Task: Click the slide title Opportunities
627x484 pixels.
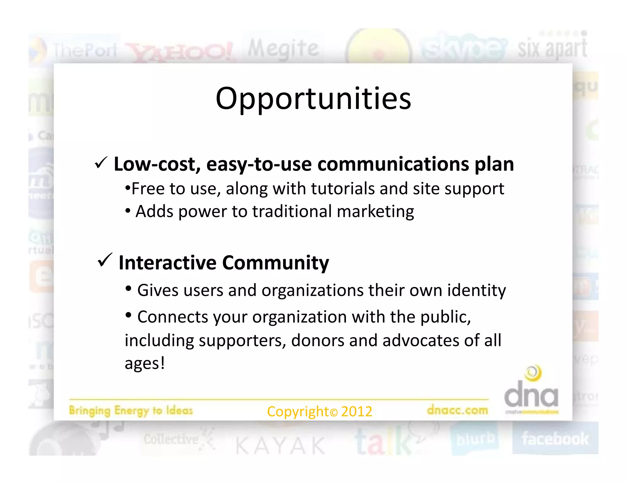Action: (313, 99)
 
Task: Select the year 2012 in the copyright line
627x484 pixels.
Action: (357, 411)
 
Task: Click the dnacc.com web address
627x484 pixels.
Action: (457, 410)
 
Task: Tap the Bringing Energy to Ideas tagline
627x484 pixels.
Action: (131, 410)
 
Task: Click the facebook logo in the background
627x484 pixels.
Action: (555, 439)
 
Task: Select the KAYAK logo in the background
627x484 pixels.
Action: (280, 445)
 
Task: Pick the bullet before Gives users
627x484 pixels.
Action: (129, 288)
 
